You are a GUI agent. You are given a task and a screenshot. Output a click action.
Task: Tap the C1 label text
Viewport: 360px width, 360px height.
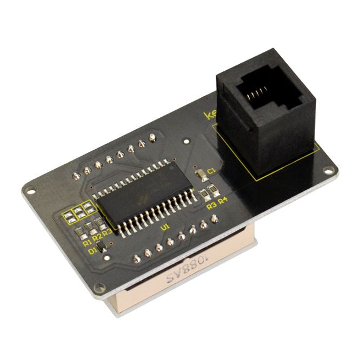tap(211, 171)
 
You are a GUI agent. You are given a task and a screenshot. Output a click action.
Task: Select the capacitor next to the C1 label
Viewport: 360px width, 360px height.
tap(201, 174)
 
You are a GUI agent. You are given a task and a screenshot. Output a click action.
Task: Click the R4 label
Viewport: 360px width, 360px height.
tap(223, 199)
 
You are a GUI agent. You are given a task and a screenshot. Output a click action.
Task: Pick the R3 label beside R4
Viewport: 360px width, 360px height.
tap(211, 205)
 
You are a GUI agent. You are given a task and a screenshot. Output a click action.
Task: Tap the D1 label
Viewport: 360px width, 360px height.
tap(92, 251)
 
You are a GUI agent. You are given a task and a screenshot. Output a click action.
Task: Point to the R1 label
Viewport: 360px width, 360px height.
tap(87, 243)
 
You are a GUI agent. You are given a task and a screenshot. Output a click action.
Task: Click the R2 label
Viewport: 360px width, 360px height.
tap(97, 237)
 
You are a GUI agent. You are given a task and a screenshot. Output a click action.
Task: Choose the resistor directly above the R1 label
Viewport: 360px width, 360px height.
tap(79, 233)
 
